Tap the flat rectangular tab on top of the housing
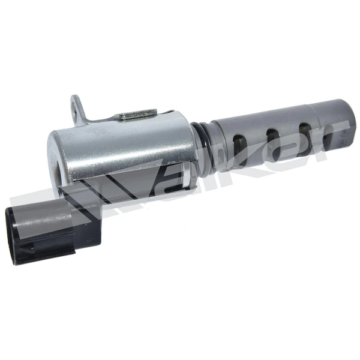pos(136,113)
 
